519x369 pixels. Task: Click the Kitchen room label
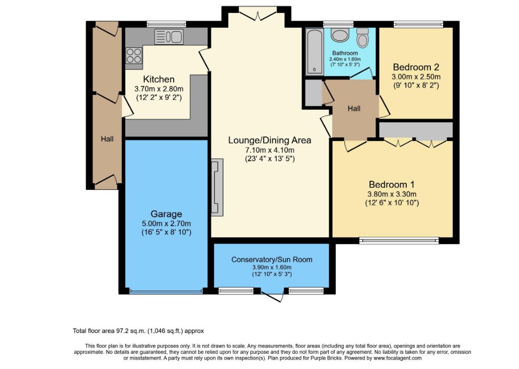(159, 80)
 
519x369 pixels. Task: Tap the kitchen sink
(169, 36)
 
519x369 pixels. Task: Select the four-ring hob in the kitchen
(134, 55)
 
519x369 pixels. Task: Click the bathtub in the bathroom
(314, 52)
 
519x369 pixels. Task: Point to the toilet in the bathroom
(363, 38)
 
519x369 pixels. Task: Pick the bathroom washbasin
(340, 35)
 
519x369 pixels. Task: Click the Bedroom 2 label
(416, 67)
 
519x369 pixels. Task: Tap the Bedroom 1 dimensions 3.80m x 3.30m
(392, 194)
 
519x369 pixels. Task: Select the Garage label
(166, 214)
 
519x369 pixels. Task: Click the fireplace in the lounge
(217, 187)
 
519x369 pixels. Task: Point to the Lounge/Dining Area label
(269, 140)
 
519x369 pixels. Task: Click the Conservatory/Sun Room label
(271, 259)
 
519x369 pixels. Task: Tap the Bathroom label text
(345, 53)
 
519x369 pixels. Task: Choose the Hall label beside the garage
(107, 139)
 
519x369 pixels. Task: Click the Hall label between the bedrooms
(354, 109)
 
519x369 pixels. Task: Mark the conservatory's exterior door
(272, 295)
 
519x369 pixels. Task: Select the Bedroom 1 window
(399, 241)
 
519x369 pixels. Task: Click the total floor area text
(138, 331)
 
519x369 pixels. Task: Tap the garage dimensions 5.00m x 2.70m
(166, 224)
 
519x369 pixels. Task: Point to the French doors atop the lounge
(258, 14)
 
